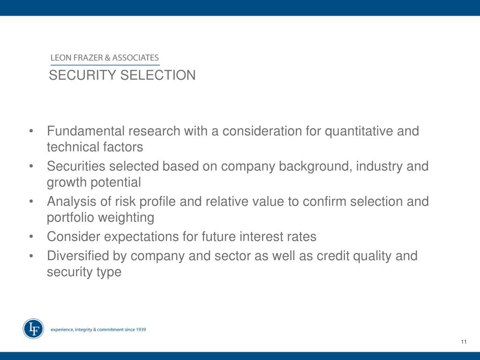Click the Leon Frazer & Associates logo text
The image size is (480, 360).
pos(105,58)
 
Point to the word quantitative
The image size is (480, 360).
pos(359,131)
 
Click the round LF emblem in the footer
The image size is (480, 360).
pos(33,329)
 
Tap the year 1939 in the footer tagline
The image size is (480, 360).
pos(140,330)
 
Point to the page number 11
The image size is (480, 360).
pos(464,342)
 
